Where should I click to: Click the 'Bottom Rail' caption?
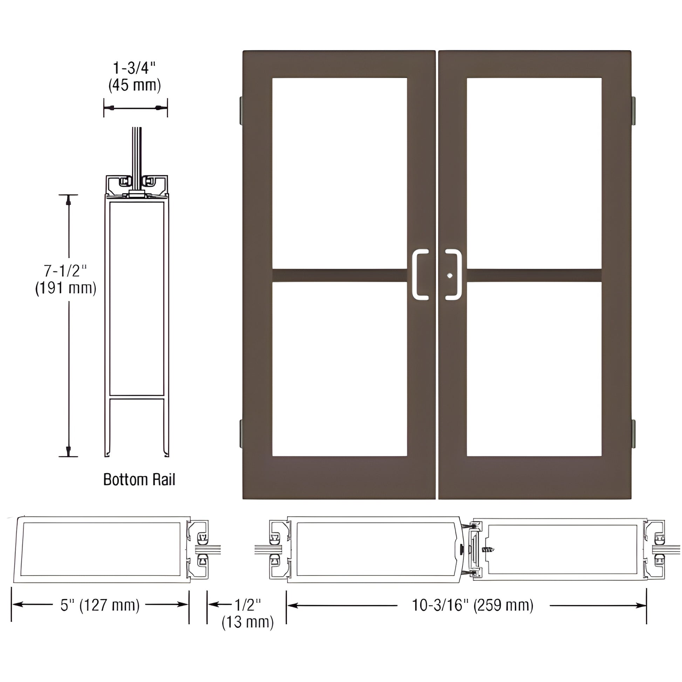tap(139, 480)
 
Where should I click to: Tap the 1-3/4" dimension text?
tap(134, 68)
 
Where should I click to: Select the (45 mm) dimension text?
tap(135, 85)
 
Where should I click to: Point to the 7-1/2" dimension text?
tap(65, 271)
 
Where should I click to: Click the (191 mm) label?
tap(66, 288)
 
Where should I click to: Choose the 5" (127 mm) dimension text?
tap(100, 605)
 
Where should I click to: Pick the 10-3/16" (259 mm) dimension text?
tap(473, 605)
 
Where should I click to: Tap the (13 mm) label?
tap(247, 622)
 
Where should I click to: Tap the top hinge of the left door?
tap(241, 110)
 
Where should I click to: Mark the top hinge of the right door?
tap(633, 110)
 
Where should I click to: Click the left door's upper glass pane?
tap(340, 173)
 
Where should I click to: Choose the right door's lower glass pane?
tap(534, 369)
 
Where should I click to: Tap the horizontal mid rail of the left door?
tap(340, 275)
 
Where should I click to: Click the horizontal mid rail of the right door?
tap(534, 275)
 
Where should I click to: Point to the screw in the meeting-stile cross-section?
tap(489, 550)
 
